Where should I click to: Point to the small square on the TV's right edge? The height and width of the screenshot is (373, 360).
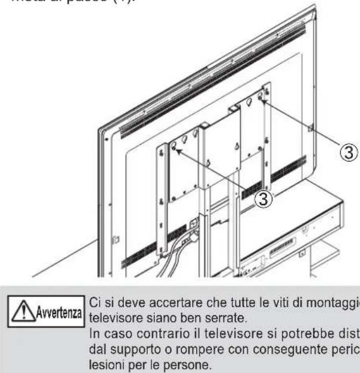click(312, 127)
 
